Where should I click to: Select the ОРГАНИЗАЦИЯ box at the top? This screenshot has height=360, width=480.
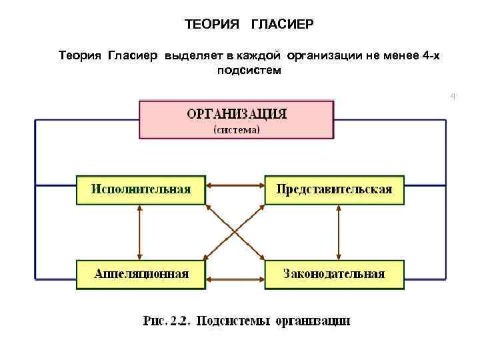coord(236,119)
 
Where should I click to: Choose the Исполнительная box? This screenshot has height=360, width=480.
coord(141,189)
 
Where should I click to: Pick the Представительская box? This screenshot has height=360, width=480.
coord(334,189)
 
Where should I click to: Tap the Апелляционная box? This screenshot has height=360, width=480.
coord(141,274)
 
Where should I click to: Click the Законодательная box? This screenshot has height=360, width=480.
coord(334,274)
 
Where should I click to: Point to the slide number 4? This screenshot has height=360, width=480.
coord(453,97)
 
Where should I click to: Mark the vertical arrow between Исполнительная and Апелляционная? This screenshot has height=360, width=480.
coord(139,232)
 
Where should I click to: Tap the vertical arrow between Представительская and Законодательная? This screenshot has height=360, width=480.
coord(339,232)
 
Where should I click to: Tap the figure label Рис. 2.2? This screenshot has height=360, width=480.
coord(167,321)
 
